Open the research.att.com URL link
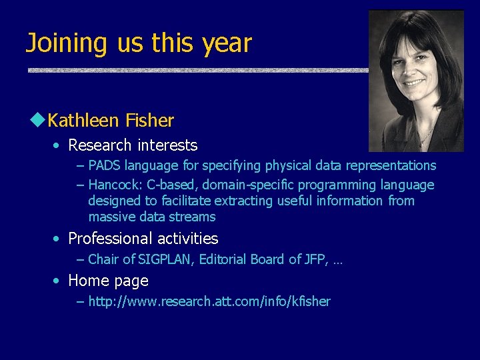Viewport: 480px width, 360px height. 209,301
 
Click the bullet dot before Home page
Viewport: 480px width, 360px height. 58,281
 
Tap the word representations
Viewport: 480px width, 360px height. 393,165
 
